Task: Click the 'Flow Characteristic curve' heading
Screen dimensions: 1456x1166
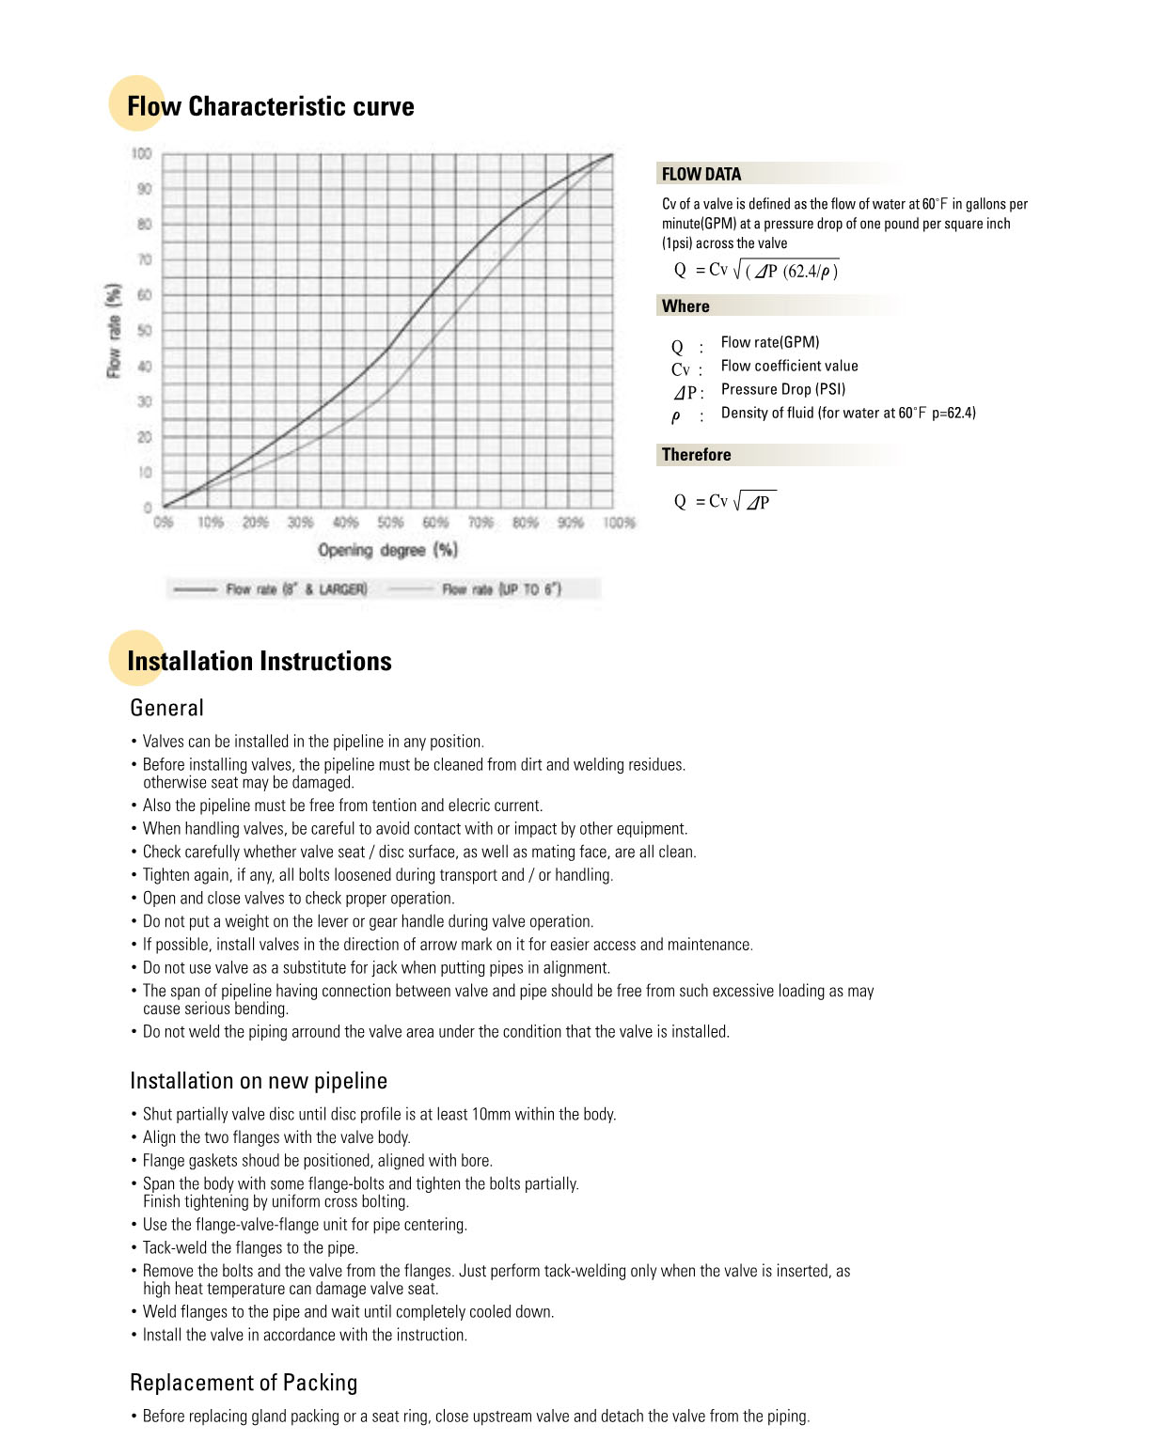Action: coord(271,106)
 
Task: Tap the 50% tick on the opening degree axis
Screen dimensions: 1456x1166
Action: coord(390,523)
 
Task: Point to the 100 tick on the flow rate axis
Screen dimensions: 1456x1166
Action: coord(141,153)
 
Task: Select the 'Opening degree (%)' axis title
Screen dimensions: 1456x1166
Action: coord(387,550)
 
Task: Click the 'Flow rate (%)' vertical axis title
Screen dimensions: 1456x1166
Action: coord(114,331)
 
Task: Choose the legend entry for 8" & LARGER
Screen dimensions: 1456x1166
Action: coord(295,589)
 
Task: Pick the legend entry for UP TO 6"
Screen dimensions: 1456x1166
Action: coord(501,589)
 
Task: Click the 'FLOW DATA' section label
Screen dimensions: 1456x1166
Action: coord(701,174)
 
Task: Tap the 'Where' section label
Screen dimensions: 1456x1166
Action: coord(685,306)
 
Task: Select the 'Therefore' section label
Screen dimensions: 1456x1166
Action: coord(696,455)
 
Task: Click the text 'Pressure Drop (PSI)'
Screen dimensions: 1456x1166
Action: coord(783,389)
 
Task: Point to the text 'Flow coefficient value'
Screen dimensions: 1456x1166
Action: coord(789,366)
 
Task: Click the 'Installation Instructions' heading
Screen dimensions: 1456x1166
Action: coord(260,661)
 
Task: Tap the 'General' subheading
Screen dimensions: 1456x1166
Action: coord(166,708)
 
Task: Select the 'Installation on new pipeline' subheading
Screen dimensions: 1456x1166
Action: coord(259,1081)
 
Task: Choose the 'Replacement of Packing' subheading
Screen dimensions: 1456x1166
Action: coord(244,1383)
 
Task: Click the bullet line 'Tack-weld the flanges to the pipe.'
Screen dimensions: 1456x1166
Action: coord(250,1248)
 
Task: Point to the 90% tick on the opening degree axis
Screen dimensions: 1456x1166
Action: coord(571,523)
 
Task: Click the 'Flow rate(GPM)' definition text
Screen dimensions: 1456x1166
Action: coord(770,342)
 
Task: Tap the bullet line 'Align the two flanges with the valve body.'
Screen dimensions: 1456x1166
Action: coord(276,1137)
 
